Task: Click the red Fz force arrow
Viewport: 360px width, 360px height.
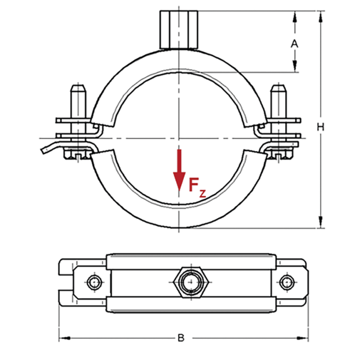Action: (x=180, y=171)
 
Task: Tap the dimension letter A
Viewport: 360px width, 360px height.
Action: (x=295, y=44)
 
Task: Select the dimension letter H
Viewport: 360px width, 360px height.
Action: (x=320, y=127)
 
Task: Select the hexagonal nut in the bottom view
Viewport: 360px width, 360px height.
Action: (x=189, y=283)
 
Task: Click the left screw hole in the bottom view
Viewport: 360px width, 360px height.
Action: (x=94, y=283)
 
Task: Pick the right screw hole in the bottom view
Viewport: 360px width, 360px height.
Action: (x=286, y=283)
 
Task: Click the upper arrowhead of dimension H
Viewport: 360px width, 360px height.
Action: (x=320, y=17)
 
